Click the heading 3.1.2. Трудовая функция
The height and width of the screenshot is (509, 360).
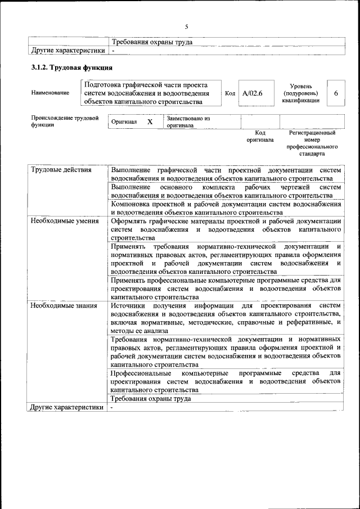click(x=71, y=68)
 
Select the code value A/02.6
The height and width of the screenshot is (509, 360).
click(x=252, y=93)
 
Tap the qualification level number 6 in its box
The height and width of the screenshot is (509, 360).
click(x=336, y=93)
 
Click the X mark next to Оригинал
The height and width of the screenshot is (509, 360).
click(x=150, y=121)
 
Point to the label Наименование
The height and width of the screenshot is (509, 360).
click(x=51, y=93)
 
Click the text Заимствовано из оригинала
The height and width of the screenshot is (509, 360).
click(x=188, y=122)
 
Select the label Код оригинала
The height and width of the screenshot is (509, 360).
click(x=259, y=136)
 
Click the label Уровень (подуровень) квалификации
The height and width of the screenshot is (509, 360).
click(x=301, y=93)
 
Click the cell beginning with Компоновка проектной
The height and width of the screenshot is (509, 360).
click(x=226, y=208)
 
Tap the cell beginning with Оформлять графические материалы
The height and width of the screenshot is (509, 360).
click(x=226, y=229)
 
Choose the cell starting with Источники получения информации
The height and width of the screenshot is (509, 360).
click(x=226, y=318)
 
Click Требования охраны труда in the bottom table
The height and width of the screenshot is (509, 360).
click(x=151, y=398)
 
